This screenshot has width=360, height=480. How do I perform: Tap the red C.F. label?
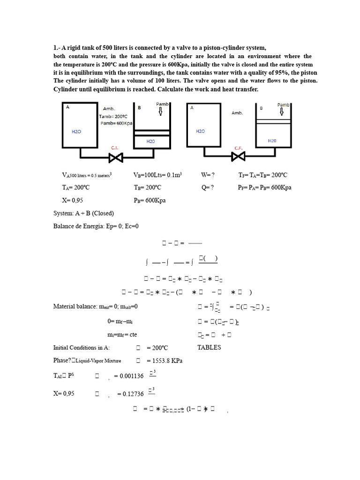pyautogui.click(x=238, y=148)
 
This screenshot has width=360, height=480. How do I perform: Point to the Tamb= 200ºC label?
pyautogui.click(x=113, y=117)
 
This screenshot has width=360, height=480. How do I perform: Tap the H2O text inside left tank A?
pyautogui.click(x=76, y=132)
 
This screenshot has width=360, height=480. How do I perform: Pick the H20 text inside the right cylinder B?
pyautogui.click(x=273, y=140)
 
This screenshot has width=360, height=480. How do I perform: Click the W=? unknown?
pyautogui.click(x=208, y=175)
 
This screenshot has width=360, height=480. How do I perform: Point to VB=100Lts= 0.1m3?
pyautogui.click(x=157, y=175)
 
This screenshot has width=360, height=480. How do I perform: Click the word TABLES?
pyautogui.click(x=209, y=347)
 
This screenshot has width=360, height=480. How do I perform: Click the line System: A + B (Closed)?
pyautogui.click(x=83, y=213)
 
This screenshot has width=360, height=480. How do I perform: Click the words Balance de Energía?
pyautogui.click(x=76, y=226)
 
